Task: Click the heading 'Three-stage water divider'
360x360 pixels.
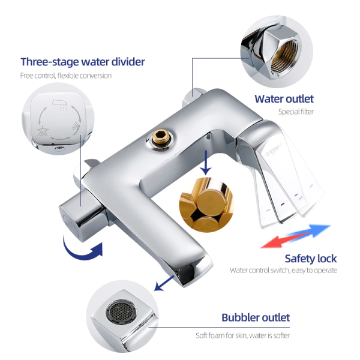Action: pos(83,62)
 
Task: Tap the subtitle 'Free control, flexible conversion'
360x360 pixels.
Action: pos(66,76)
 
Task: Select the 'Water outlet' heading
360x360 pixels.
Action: pos(284,99)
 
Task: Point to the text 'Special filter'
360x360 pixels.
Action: pos(296,112)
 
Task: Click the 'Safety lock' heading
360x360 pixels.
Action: pos(311,259)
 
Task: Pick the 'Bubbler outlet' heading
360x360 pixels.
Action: pos(256,317)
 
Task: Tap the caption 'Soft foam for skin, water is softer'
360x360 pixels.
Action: pos(242,335)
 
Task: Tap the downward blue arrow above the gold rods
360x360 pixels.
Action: pos(206,163)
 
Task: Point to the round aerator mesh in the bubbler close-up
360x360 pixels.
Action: pos(121,311)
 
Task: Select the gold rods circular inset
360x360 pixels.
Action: pos(206,205)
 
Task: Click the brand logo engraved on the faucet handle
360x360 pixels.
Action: pos(274,151)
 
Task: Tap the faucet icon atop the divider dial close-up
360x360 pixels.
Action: pos(59,104)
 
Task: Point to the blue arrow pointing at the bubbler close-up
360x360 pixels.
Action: pos(164,283)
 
